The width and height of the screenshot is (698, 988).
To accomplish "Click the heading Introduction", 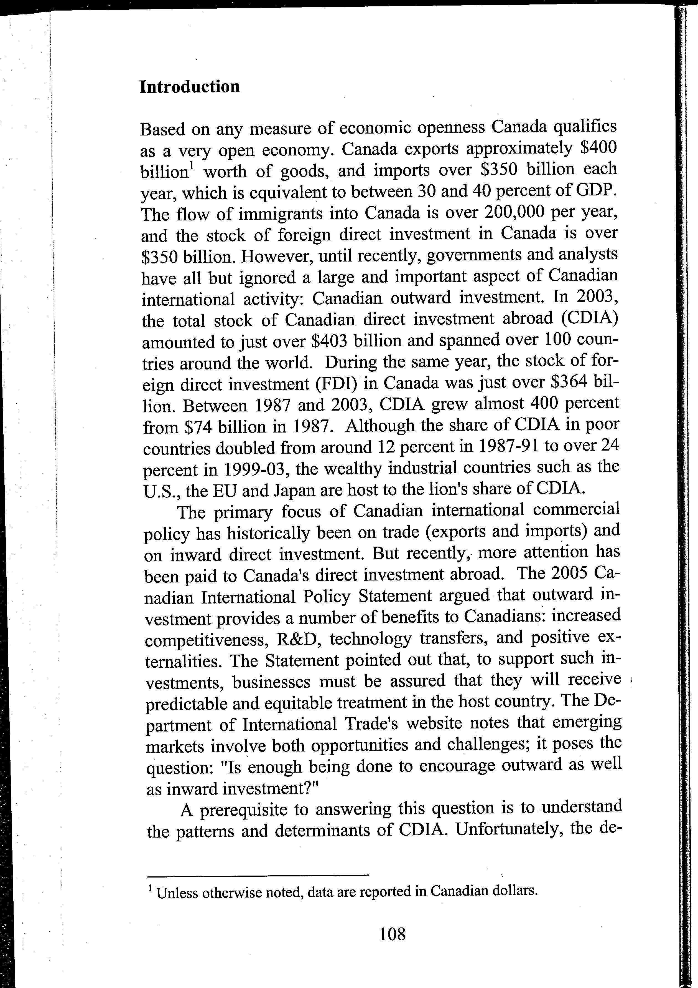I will click(x=190, y=87).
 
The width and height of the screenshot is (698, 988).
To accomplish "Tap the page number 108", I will click(x=393, y=934).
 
